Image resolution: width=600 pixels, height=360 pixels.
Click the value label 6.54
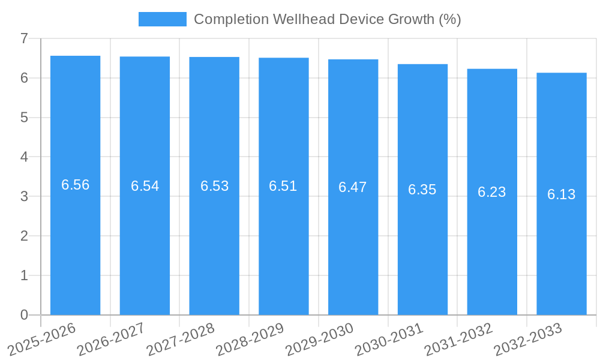[x=145, y=186]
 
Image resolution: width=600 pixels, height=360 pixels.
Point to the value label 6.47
[x=352, y=187]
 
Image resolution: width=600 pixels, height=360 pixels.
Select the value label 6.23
[x=491, y=192]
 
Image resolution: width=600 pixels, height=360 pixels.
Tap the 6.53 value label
[x=214, y=186]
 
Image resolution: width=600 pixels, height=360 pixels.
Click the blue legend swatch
[x=162, y=19]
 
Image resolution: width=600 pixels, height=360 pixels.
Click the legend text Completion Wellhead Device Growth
[x=327, y=19]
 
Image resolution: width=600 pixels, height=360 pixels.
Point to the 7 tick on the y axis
[x=24, y=38]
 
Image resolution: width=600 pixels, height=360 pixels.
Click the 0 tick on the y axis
[x=24, y=315]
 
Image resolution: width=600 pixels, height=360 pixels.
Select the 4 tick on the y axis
[x=24, y=157]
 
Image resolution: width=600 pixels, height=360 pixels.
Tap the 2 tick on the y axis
[x=24, y=236]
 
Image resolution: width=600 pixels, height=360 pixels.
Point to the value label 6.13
[x=561, y=194]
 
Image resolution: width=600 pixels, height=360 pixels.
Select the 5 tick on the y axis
[x=24, y=118]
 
